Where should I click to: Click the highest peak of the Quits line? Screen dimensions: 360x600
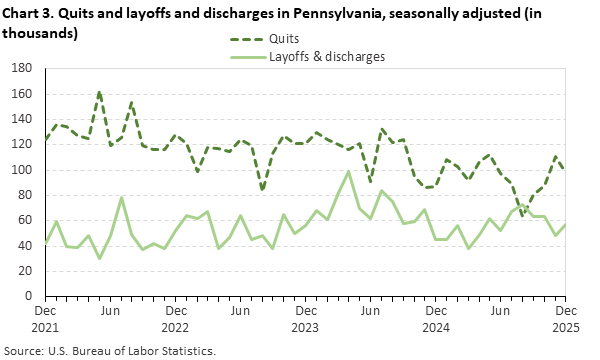(x=99, y=92)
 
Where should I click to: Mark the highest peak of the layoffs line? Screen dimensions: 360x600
(x=348, y=172)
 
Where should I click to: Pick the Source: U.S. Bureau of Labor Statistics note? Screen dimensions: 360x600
(x=111, y=351)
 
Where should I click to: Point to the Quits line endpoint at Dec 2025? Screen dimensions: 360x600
(x=563, y=169)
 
